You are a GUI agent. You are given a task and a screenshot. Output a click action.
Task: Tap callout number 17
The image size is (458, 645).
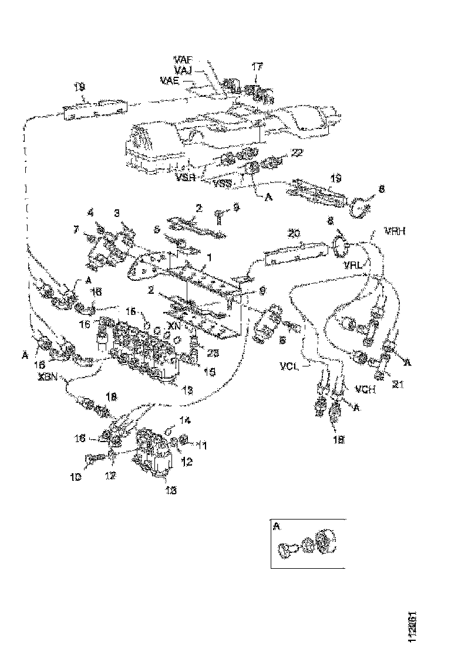click(257, 68)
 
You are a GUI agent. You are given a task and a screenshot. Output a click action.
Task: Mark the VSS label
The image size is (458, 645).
click(222, 184)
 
